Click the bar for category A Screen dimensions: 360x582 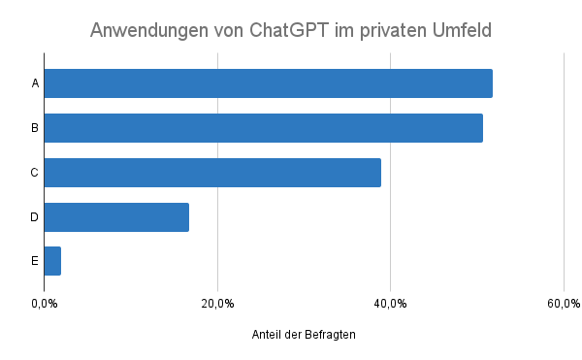point(269,83)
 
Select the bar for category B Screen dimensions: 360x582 point(264,128)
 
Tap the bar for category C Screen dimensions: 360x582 point(212,173)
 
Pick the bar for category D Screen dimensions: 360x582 point(116,217)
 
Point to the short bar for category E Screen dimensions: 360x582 point(52,261)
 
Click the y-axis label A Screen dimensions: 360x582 point(35,83)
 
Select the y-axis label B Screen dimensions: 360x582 point(35,128)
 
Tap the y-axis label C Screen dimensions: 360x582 point(35,173)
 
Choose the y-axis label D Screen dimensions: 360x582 point(35,217)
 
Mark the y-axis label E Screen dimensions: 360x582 point(35,261)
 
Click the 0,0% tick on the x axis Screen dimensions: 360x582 point(45,304)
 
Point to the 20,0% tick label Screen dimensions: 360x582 point(217,304)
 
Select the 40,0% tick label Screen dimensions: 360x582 point(390,304)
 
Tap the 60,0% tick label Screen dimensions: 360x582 point(563,304)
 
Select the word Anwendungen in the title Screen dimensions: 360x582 point(147,30)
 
